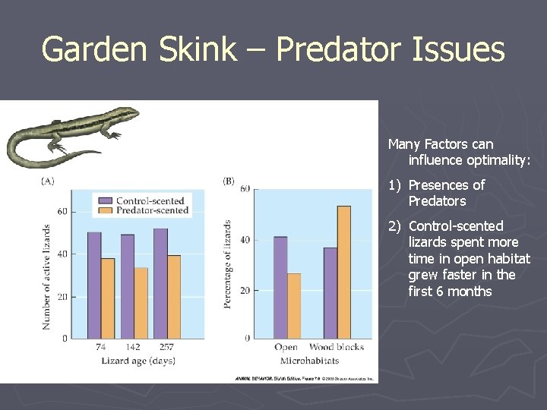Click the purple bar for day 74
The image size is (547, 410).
click(94, 285)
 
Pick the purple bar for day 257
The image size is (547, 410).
click(160, 283)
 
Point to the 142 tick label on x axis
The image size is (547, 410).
click(133, 347)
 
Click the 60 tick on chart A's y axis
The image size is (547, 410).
click(62, 212)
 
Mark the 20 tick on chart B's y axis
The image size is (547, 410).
click(245, 291)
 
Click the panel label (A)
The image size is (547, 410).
click(47, 181)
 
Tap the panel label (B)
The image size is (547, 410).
click(229, 181)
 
